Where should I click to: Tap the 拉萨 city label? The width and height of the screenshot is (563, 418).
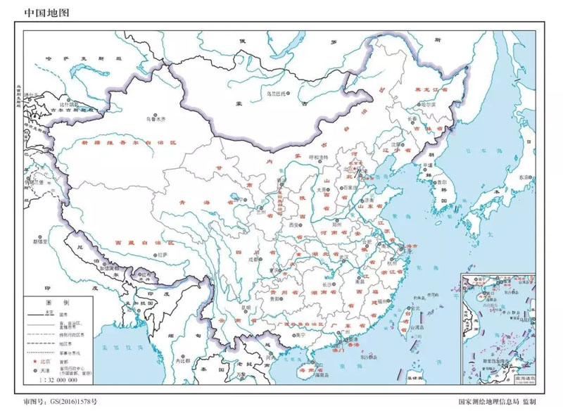pyautogui.click(x=163, y=253)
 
